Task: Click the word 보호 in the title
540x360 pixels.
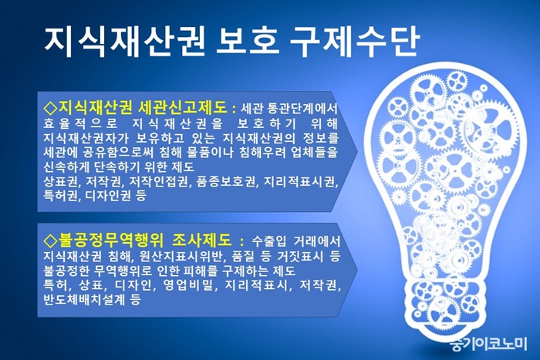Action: coord(247,42)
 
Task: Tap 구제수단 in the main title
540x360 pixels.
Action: coord(353,42)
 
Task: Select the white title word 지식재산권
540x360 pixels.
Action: coord(125,42)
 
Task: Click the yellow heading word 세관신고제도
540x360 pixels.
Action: coord(183,107)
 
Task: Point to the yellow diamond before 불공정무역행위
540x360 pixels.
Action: coord(51,241)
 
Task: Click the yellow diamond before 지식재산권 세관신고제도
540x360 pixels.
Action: coord(51,108)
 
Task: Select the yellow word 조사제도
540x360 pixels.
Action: coord(201,241)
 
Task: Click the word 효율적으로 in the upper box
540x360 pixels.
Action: coord(80,123)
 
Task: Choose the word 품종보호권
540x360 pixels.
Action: coord(226,181)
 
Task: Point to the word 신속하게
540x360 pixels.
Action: coord(66,167)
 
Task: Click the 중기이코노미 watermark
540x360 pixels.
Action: coord(488,343)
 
